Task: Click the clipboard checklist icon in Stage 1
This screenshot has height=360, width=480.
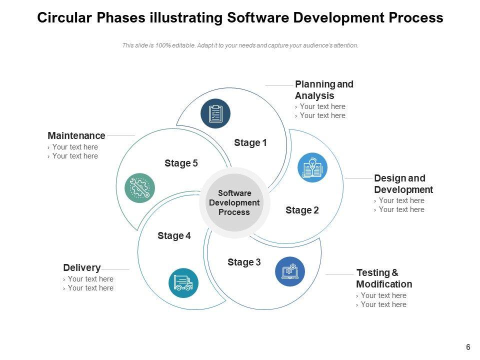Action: [x=215, y=113]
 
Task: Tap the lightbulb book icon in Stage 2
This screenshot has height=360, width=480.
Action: [x=312, y=167]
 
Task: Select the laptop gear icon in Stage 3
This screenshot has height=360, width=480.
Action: [x=290, y=271]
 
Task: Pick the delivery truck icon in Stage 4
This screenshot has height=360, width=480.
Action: [x=183, y=283]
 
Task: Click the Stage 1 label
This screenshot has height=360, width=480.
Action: [x=250, y=143]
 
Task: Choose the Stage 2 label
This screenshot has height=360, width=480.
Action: [x=302, y=210]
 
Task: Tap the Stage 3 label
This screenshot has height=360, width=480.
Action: [x=244, y=262]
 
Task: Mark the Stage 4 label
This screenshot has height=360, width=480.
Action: [x=174, y=236]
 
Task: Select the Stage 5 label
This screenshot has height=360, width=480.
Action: [x=181, y=163]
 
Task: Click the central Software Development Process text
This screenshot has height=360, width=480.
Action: [x=234, y=202]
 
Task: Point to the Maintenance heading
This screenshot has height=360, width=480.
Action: [x=76, y=135]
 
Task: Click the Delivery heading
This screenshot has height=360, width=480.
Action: [x=82, y=267]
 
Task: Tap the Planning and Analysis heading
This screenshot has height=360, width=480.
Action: [x=324, y=90]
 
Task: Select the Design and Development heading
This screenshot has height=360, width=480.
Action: [x=403, y=184]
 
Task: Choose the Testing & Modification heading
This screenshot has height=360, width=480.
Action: [x=384, y=278]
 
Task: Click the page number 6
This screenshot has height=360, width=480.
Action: [x=468, y=347]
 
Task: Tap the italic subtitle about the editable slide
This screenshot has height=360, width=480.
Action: [x=240, y=45]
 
